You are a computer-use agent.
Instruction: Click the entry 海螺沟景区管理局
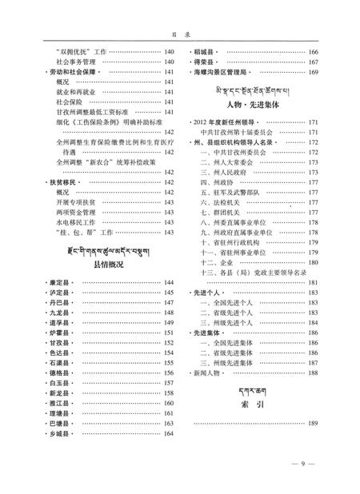pyautogui.click(x=225, y=72)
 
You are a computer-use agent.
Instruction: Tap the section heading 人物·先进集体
pyautogui.click(x=250, y=104)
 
